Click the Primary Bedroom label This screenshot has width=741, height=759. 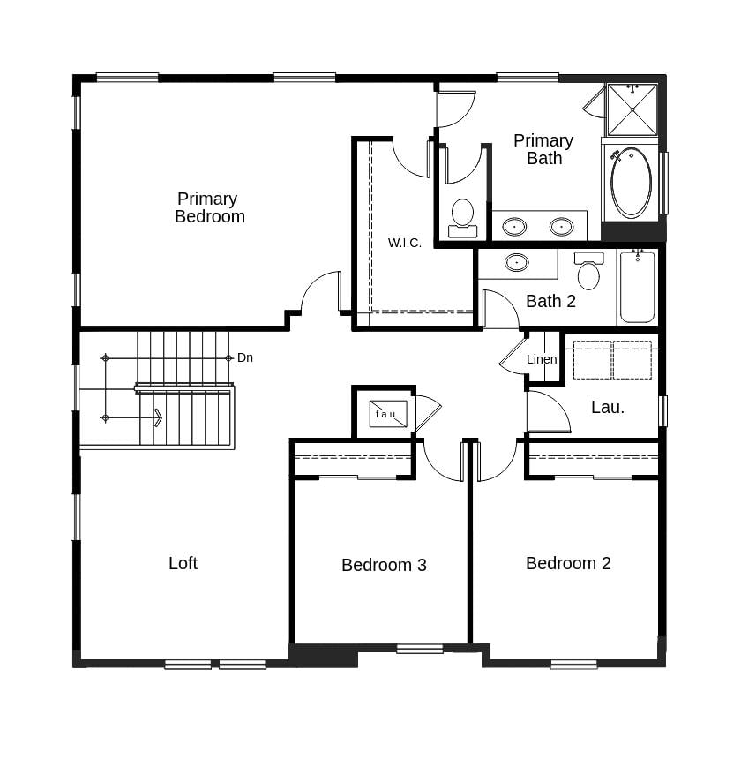[x=209, y=207]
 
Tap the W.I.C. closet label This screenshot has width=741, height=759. [x=404, y=243]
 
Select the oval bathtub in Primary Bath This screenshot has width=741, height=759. [x=631, y=183]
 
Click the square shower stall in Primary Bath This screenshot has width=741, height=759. [x=632, y=109]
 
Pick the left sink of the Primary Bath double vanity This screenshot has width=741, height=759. [x=514, y=227]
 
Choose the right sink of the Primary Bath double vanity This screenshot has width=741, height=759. [x=561, y=227]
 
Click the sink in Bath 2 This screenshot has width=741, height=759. [x=516, y=262]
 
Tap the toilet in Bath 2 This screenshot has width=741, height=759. [x=588, y=272]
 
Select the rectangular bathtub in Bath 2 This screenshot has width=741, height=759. [x=637, y=287]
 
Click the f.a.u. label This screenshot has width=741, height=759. [x=386, y=414]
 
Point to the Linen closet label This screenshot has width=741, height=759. [x=542, y=359]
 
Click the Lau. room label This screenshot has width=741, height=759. [x=608, y=407]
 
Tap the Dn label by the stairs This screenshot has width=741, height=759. [x=245, y=357]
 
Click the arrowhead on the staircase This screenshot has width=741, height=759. [x=158, y=417]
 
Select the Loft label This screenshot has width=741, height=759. [x=183, y=563]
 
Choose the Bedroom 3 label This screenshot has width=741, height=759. [x=384, y=565]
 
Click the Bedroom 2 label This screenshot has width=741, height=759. [x=568, y=563]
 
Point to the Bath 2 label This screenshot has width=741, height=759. [x=550, y=301]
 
